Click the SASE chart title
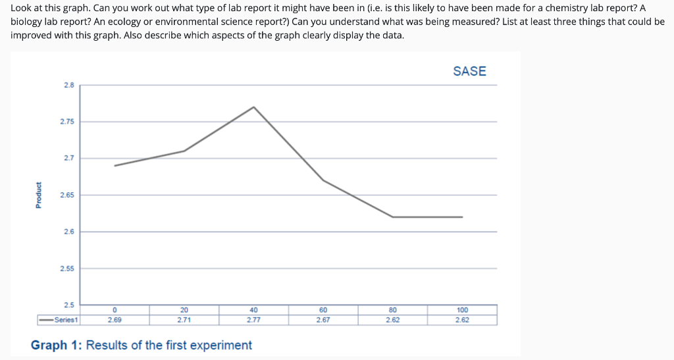(x=469, y=71)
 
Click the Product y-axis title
(x=38, y=195)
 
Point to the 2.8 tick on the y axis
(x=69, y=85)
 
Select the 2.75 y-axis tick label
(x=68, y=122)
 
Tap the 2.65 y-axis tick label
(x=68, y=195)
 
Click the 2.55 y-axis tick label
(x=68, y=269)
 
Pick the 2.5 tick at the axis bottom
(x=69, y=305)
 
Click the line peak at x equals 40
(x=253, y=107)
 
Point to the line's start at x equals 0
(x=115, y=165)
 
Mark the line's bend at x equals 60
(x=323, y=180)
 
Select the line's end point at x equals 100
(x=462, y=217)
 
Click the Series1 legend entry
(x=59, y=320)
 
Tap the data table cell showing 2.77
(x=253, y=320)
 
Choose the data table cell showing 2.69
(x=115, y=320)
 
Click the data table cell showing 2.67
(x=323, y=320)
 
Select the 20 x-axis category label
(x=184, y=310)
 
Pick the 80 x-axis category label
(x=392, y=310)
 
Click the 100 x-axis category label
(x=462, y=310)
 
